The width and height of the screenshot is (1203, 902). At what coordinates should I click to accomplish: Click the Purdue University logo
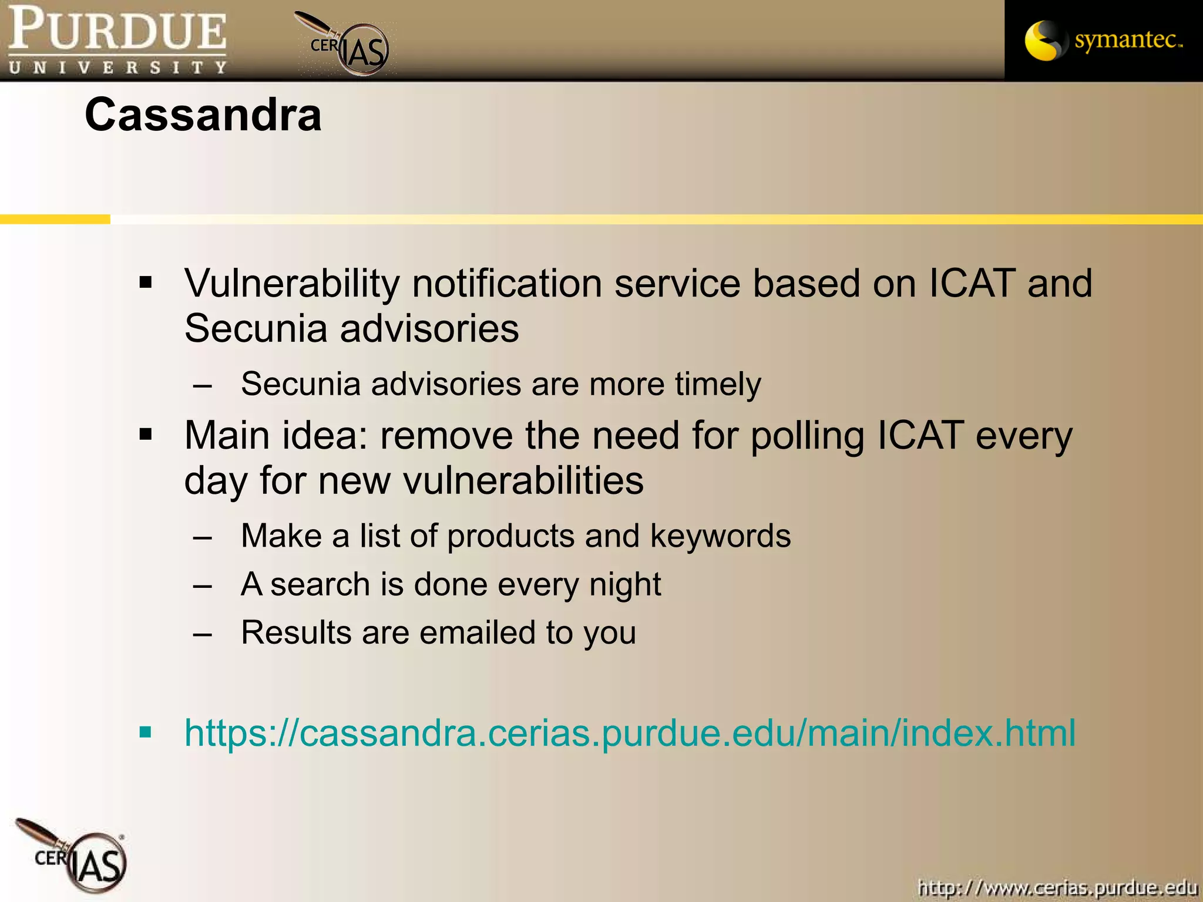click(x=117, y=40)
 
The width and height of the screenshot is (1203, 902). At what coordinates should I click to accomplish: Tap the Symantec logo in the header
click(x=1103, y=40)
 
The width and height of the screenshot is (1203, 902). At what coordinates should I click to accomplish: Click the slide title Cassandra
click(x=203, y=115)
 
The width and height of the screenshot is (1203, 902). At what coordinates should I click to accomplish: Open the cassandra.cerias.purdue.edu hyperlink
click(x=630, y=733)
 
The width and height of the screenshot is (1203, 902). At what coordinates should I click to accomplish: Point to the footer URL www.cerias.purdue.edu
click(x=1057, y=887)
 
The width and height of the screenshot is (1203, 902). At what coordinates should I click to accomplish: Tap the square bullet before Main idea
click(x=146, y=435)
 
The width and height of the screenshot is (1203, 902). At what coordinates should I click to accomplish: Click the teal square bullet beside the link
click(x=146, y=732)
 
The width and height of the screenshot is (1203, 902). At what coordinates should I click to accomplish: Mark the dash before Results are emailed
click(x=203, y=634)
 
